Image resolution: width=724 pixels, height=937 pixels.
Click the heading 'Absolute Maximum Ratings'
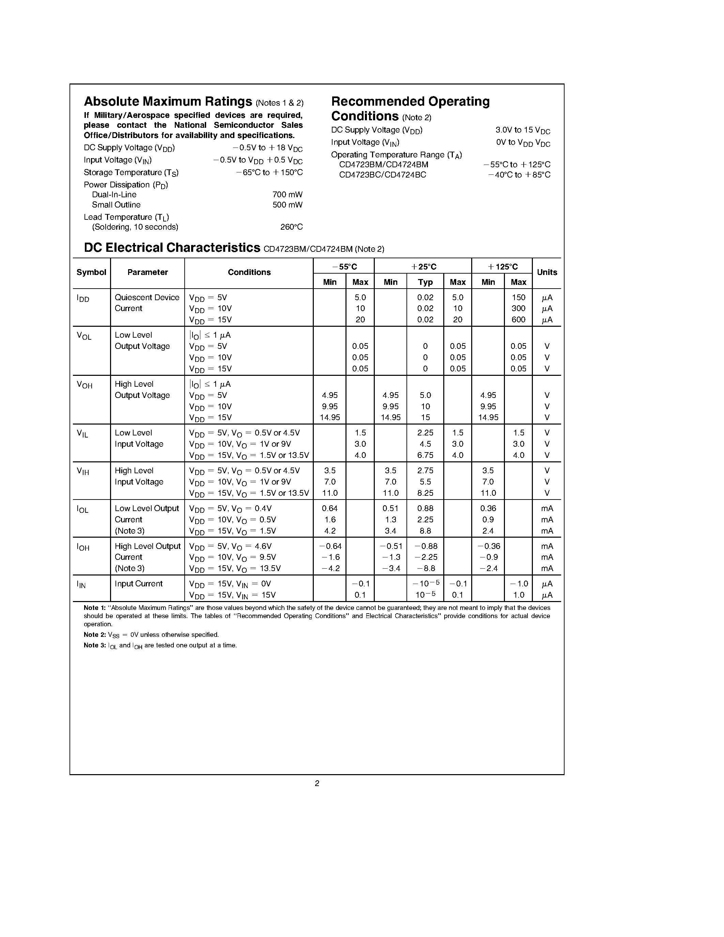click(x=168, y=102)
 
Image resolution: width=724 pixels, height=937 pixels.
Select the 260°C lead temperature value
click(x=291, y=227)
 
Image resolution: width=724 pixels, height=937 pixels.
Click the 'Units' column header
click(x=547, y=273)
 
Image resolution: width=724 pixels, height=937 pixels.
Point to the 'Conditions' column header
click(x=249, y=273)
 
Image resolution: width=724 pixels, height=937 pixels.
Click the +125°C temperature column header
click(x=502, y=267)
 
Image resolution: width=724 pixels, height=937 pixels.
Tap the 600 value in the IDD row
click(x=518, y=320)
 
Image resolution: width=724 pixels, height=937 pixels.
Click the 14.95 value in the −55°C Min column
click(x=330, y=417)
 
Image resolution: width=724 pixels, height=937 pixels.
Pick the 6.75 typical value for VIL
click(x=425, y=455)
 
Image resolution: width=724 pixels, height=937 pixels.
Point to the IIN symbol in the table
click(x=81, y=584)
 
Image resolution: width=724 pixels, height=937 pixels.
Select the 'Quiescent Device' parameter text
click(x=147, y=297)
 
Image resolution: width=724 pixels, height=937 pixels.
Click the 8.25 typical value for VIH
click(x=425, y=493)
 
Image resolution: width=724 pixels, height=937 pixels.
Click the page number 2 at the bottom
click(x=317, y=783)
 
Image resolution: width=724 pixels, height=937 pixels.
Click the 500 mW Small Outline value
click(x=287, y=205)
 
